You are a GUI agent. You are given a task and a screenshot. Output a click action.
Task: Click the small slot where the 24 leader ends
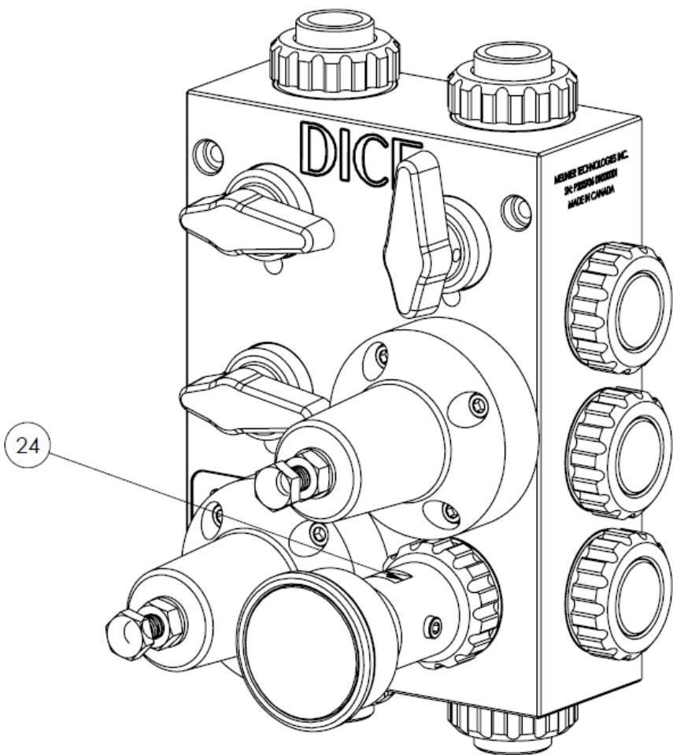coord(400,577)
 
